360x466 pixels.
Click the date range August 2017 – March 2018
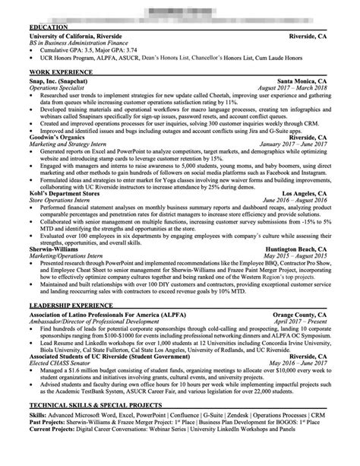pos(292,88)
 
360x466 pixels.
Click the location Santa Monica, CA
pos(303,81)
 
